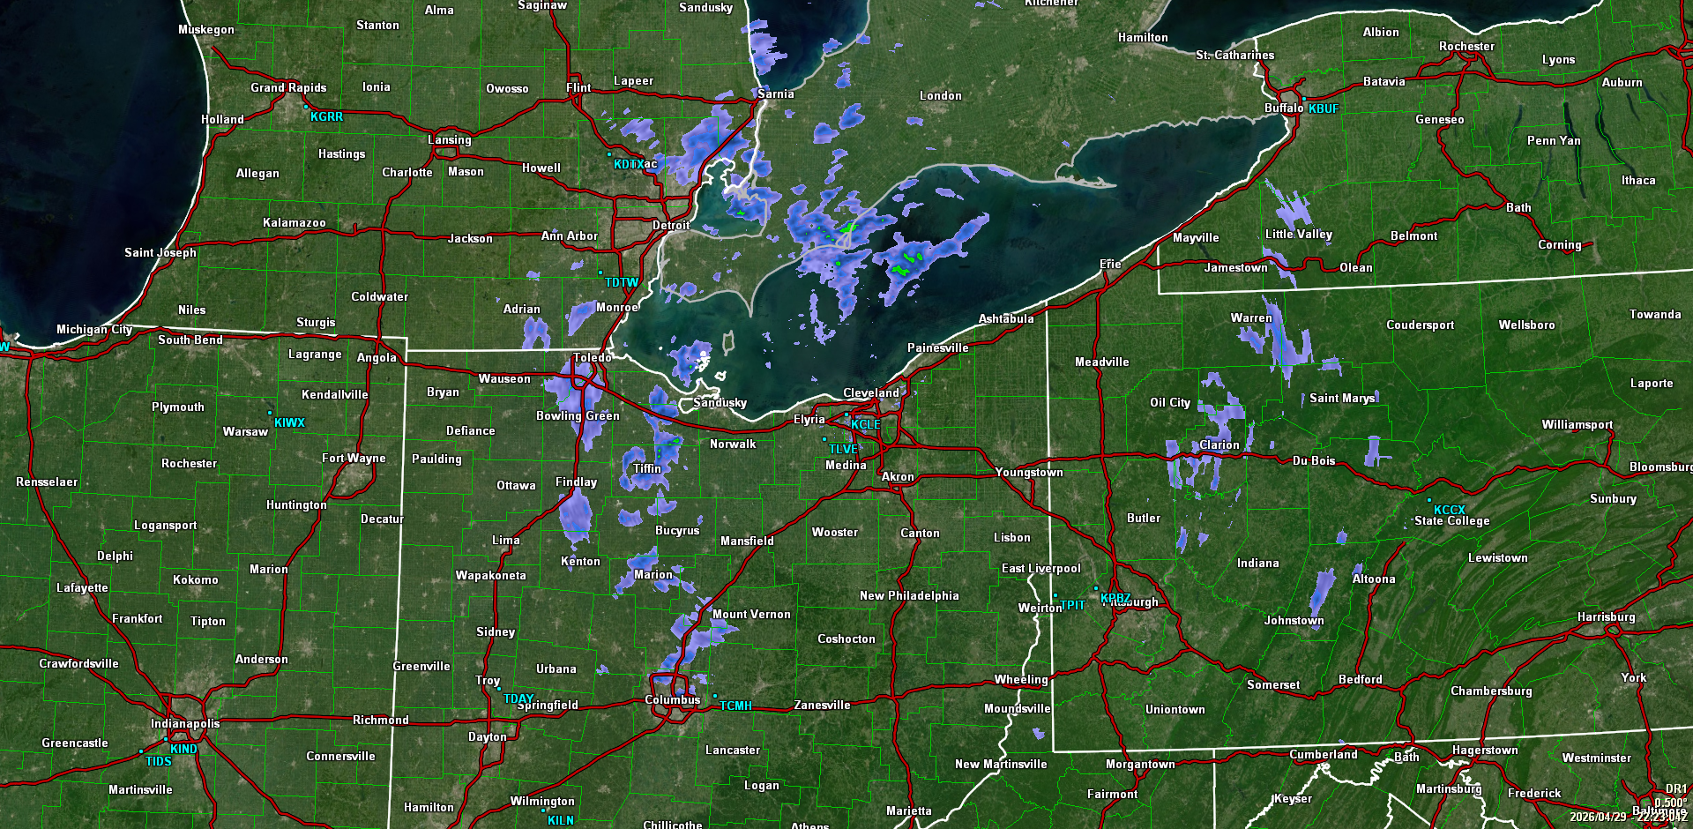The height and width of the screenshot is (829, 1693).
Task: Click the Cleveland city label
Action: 870,393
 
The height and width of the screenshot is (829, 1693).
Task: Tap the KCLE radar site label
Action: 865,424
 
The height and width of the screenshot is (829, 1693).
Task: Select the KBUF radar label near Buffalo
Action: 1323,108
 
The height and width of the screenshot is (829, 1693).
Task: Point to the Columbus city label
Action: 672,700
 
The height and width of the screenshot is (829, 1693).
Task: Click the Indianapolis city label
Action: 185,724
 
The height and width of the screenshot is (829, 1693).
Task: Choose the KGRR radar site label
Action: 326,116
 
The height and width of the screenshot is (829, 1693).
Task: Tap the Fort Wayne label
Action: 354,459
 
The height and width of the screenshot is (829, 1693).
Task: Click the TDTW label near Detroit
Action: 622,283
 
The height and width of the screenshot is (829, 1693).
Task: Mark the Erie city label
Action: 1110,265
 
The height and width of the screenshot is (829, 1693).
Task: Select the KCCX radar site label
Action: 1449,510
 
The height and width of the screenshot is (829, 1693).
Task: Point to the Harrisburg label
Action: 1606,617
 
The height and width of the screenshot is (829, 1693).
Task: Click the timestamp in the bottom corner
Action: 1628,817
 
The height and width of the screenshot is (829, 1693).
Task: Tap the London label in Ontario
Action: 940,96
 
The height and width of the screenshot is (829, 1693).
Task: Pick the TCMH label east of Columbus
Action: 735,706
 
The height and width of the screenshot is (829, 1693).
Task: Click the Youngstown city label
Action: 1029,473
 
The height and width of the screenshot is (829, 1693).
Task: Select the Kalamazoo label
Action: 294,223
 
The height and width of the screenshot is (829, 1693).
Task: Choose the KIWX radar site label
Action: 289,422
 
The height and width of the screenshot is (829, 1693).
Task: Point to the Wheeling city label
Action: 1021,680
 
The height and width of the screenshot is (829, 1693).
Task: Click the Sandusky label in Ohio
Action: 720,403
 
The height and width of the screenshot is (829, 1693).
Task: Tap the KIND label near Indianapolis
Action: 183,749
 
